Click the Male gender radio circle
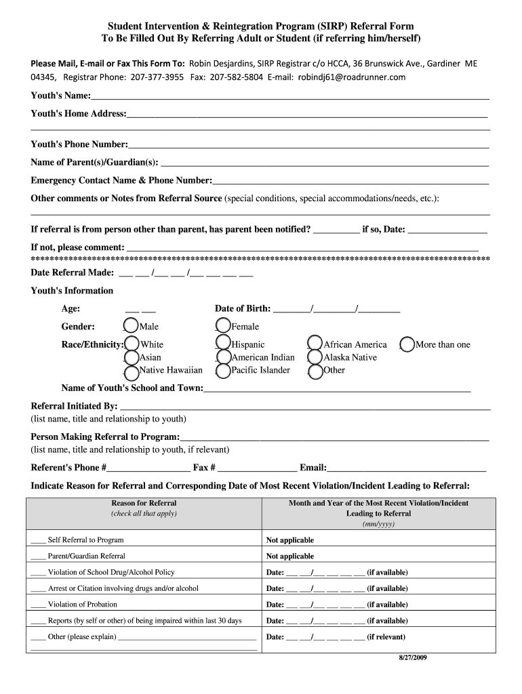click(x=132, y=327)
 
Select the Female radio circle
click(x=223, y=327)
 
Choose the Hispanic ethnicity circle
click(x=223, y=344)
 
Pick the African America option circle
click(x=315, y=344)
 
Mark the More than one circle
click(x=407, y=344)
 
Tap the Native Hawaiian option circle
click(x=132, y=370)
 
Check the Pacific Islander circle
click(x=223, y=370)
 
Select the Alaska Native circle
click(x=315, y=357)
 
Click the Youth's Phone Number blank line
click(x=308, y=144)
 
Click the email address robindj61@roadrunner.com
click(x=351, y=77)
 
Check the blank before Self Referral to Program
click(x=38, y=541)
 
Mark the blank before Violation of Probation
click(x=38, y=605)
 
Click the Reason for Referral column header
click(x=144, y=503)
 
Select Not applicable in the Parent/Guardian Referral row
click(x=290, y=556)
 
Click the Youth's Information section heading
click(x=72, y=291)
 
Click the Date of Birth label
click(x=243, y=308)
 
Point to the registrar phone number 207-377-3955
click(x=157, y=77)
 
